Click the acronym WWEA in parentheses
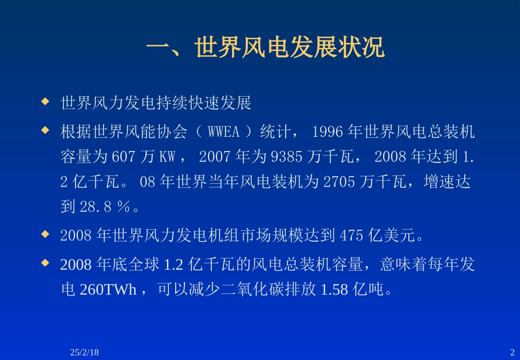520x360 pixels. pyautogui.click(x=224, y=132)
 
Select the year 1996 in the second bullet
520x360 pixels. pyautogui.click(x=327, y=132)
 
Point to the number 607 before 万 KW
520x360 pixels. pyautogui.click(x=123, y=157)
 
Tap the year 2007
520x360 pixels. pyautogui.click(x=215, y=157)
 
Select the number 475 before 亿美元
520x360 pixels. pyautogui.click(x=351, y=236)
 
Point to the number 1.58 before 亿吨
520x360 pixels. pyautogui.click(x=334, y=289)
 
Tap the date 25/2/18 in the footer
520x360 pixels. pyautogui.click(x=84, y=352)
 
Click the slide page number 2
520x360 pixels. pyautogui.click(x=512, y=352)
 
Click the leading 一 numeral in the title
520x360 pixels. pyautogui.click(x=159, y=49)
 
